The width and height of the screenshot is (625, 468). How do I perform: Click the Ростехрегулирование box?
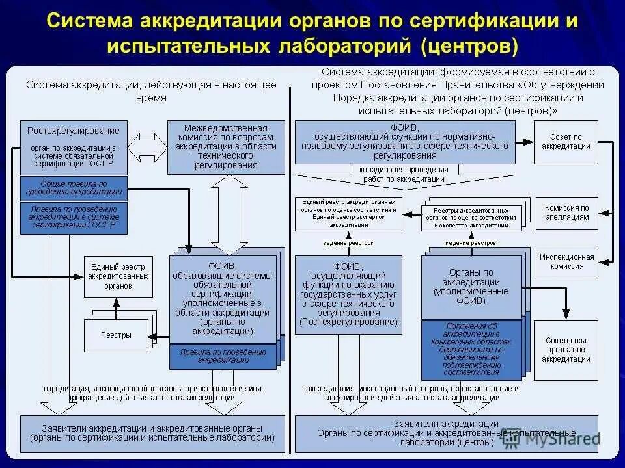[74, 147]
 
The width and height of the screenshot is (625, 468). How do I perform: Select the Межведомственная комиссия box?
[226, 147]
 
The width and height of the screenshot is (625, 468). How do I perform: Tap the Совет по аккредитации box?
[566, 142]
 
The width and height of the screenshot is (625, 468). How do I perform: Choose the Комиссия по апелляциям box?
[566, 213]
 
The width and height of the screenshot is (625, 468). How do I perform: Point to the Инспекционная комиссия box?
[566, 261]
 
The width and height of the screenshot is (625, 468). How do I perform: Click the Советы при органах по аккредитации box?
[566, 350]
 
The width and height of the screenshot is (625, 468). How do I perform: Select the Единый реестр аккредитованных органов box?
[118, 276]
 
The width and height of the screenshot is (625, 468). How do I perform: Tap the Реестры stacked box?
[116, 335]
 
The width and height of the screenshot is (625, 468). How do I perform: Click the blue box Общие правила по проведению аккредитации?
[74, 188]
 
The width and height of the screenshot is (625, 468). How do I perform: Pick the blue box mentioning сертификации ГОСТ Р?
[74, 218]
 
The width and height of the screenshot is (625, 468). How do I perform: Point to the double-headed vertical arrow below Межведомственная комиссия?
[226, 214]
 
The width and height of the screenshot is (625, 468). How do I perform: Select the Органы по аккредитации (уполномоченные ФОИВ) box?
[471, 287]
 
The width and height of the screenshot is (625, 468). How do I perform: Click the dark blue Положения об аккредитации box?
[471, 350]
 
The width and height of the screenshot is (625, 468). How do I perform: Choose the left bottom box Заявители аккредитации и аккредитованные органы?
[152, 433]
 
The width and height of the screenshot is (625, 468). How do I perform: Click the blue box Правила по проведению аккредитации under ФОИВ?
[223, 356]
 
